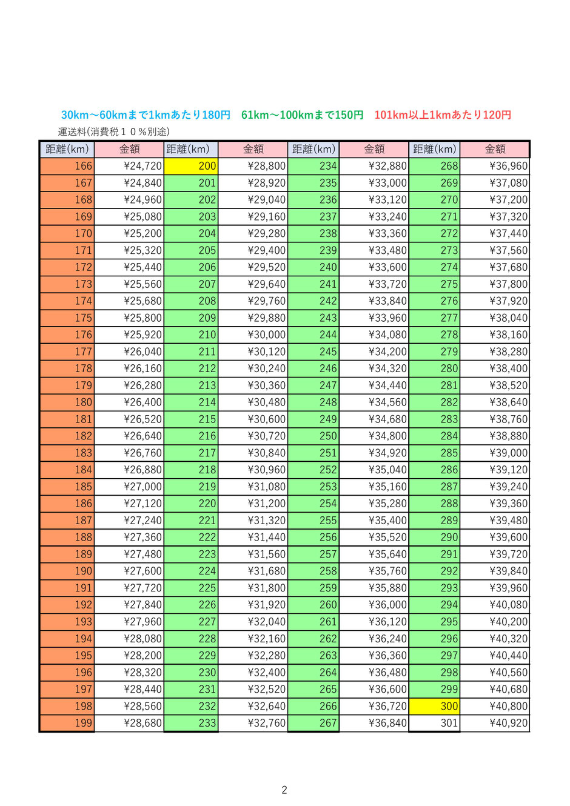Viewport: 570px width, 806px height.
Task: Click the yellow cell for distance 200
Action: click(x=190, y=166)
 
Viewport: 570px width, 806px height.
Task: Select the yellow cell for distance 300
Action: click(x=434, y=706)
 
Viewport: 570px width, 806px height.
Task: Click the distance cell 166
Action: click(x=67, y=166)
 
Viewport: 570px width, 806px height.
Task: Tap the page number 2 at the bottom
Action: click(x=284, y=790)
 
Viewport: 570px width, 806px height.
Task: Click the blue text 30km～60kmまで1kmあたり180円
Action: click(x=146, y=115)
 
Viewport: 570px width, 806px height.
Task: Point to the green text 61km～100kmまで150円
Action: click(x=302, y=115)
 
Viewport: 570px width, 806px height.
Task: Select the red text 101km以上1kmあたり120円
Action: click(x=442, y=115)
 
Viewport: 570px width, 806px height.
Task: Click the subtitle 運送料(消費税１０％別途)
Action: click(x=114, y=132)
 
